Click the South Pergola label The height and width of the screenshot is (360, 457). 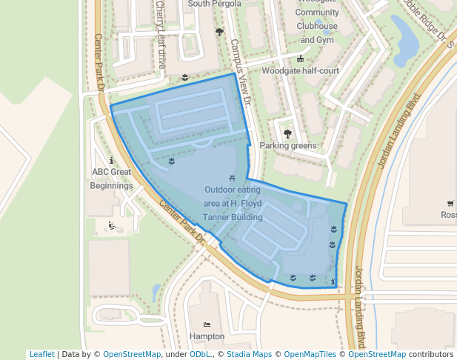(214, 4)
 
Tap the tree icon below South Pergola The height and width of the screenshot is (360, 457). (219, 32)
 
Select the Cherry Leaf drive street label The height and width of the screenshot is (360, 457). (161, 34)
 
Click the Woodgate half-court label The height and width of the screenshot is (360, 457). (300, 71)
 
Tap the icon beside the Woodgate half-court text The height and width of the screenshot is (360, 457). (300, 59)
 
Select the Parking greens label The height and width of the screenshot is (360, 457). (287, 146)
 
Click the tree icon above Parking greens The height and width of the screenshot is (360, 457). (287, 134)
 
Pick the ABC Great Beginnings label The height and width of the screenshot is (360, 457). (112, 179)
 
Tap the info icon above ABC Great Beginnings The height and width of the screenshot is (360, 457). (111, 160)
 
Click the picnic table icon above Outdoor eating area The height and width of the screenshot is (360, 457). (233, 178)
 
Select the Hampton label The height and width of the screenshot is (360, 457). (207, 336)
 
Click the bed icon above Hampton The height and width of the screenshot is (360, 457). (207, 324)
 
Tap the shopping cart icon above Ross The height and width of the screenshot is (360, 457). (450, 203)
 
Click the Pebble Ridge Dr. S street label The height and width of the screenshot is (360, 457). (427, 22)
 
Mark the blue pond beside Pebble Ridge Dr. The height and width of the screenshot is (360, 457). (406, 41)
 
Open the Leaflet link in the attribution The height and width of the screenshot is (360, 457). (41, 354)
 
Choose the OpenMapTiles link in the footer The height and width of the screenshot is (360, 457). (310, 354)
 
